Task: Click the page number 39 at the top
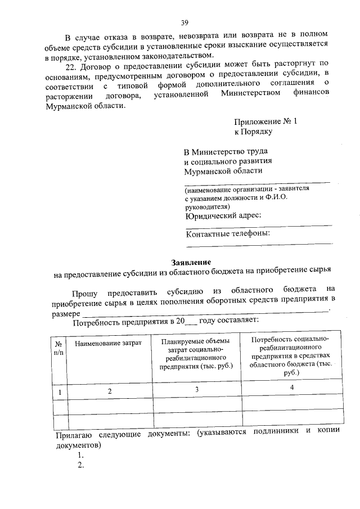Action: click(184, 22)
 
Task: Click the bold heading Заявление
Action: click(191, 263)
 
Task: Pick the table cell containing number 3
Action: click(196, 389)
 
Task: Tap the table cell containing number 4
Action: click(292, 388)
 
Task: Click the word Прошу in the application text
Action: click(84, 294)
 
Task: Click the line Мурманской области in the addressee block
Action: click(223, 171)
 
